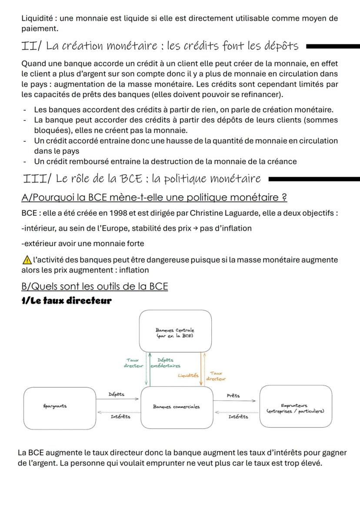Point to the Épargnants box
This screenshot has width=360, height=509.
tap(59, 407)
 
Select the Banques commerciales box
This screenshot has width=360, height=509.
tap(176, 407)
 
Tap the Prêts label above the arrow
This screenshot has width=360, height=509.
tap(233, 396)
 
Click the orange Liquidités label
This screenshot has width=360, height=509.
tap(187, 375)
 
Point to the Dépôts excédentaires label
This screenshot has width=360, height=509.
tap(164, 363)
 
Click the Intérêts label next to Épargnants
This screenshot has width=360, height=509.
tap(120, 417)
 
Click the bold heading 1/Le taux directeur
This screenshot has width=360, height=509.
tap(67, 300)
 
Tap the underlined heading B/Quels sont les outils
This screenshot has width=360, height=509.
tap(94, 286)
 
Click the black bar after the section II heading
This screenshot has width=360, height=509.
tap(333, 46)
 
